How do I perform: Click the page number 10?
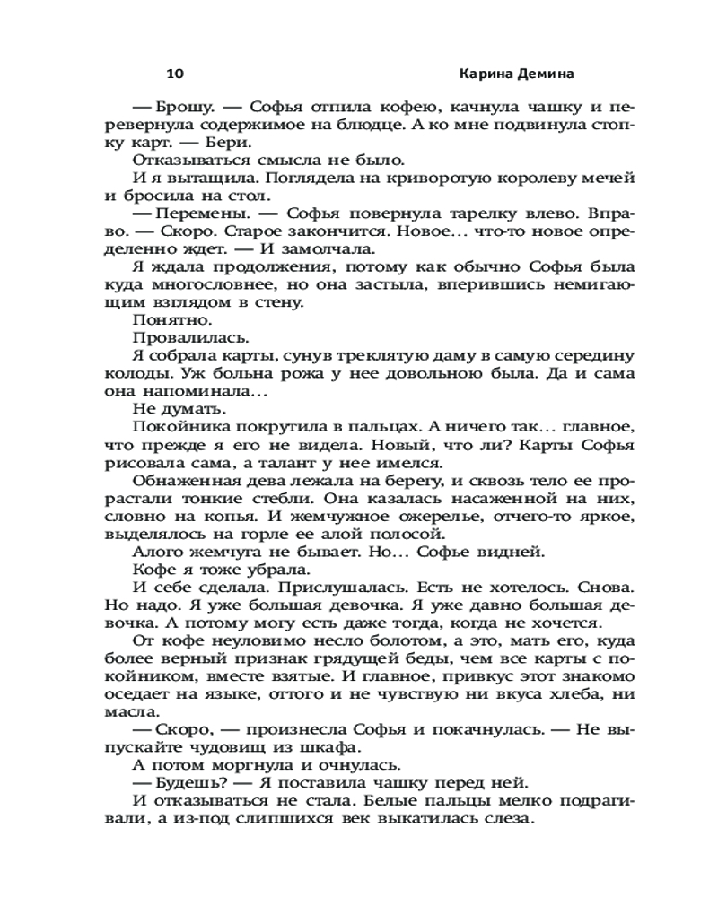(175, 73)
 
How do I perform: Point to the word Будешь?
(189, 783)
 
